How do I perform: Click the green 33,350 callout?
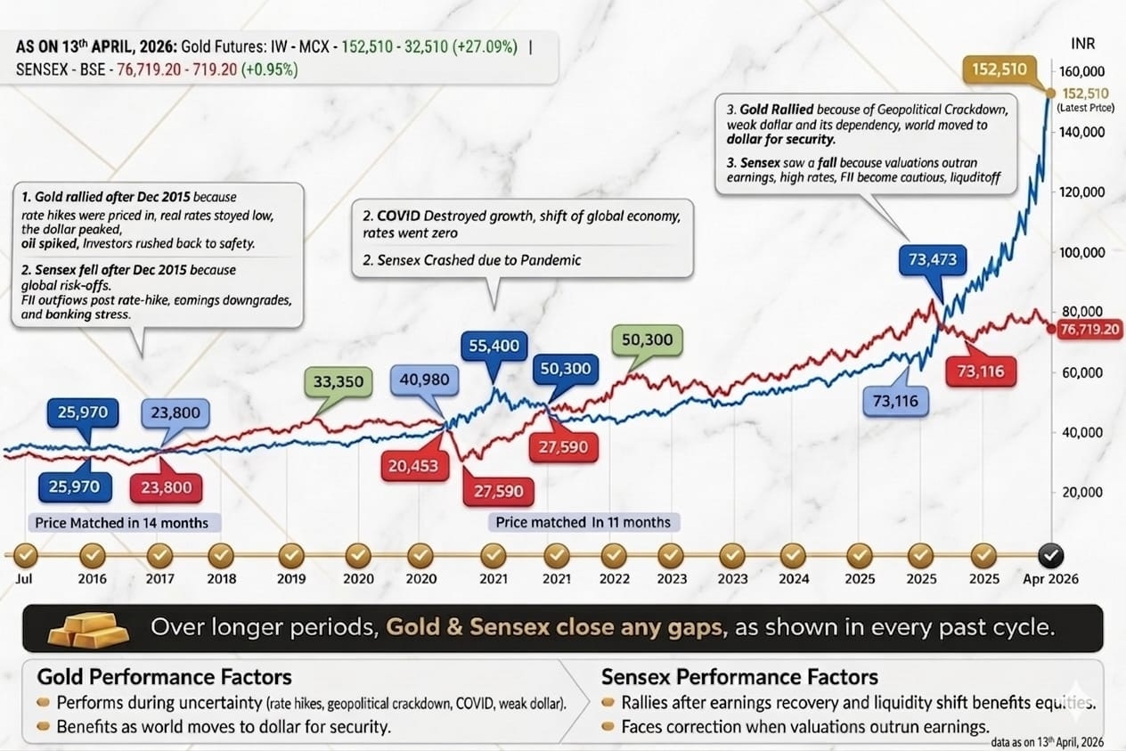click(x=339, y=381)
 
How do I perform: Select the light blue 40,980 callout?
click(x=425, y=380)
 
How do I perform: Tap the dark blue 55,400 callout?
click(x=494, y=346)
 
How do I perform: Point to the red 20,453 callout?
click(x=414, y=466)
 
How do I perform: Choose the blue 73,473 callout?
click(x=933, y=260)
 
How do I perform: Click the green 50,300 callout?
click(x=647, y=339)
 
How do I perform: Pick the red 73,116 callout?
click(x=981, y=371)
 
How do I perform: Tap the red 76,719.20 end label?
click(x=1089, y=330)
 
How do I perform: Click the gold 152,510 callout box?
click(x=1000, y=69)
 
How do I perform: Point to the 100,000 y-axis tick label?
click(x=1081, y=252)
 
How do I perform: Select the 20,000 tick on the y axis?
click(x=1082, y=492)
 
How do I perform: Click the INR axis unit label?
click(x=1082, y=44)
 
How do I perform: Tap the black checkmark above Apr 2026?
click(x=1050, y=556)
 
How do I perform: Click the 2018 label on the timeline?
click(x=221, y=579)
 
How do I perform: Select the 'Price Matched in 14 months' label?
click(x=122, y=523)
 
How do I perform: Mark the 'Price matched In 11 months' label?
click(x=583, y=522)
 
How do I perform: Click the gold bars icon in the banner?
click(x=88, y=628)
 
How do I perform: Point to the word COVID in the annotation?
click(x=398, y=216)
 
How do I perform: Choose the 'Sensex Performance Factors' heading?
click(x=739, y=677)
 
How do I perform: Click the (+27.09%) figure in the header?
click(x=485, y=47)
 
